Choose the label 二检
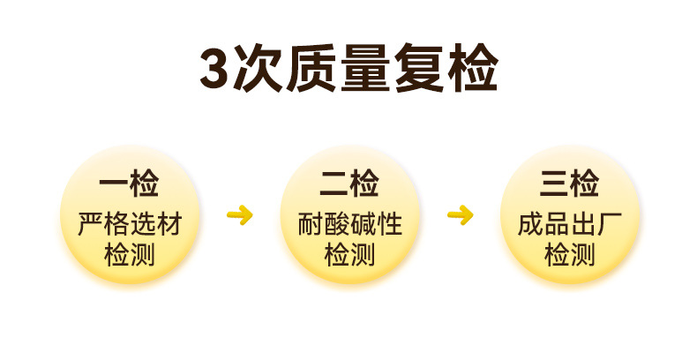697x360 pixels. pos(349,185)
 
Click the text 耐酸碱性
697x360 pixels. pos(349,225)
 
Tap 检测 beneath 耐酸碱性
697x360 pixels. pos(349,256)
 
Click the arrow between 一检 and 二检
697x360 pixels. pos(239,214)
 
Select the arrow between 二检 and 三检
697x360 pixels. pos(460,214)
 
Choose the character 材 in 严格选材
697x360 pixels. pos(169,225)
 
